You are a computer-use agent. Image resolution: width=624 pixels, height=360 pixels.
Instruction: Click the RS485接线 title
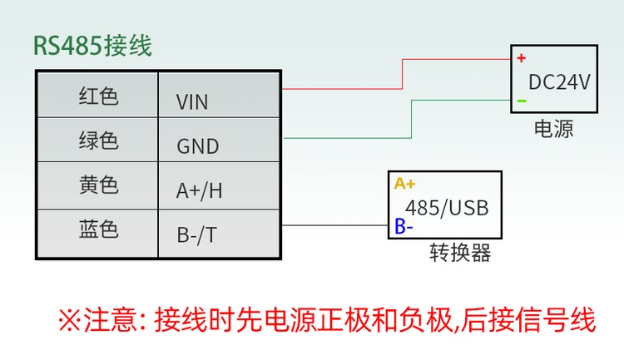tap(92, 45)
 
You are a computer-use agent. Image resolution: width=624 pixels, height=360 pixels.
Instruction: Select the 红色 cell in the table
tap(98, 96)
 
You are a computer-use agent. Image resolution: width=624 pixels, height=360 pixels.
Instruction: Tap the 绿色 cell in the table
tap(98, 141)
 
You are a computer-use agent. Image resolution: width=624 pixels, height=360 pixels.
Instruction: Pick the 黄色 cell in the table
tap(98, 185)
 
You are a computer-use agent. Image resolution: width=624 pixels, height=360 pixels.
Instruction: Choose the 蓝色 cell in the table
tap(98, 230)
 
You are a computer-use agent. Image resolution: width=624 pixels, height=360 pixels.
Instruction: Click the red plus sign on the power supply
tap(522, 58)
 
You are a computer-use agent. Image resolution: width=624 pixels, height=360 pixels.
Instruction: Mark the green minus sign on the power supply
tap(522, 101)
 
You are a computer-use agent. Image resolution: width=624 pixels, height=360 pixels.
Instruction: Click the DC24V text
tap(559, 82)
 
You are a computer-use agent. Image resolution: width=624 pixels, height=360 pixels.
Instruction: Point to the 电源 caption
tap(553, 129)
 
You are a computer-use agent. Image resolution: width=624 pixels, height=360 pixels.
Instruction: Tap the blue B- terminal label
tap(403, 225)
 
